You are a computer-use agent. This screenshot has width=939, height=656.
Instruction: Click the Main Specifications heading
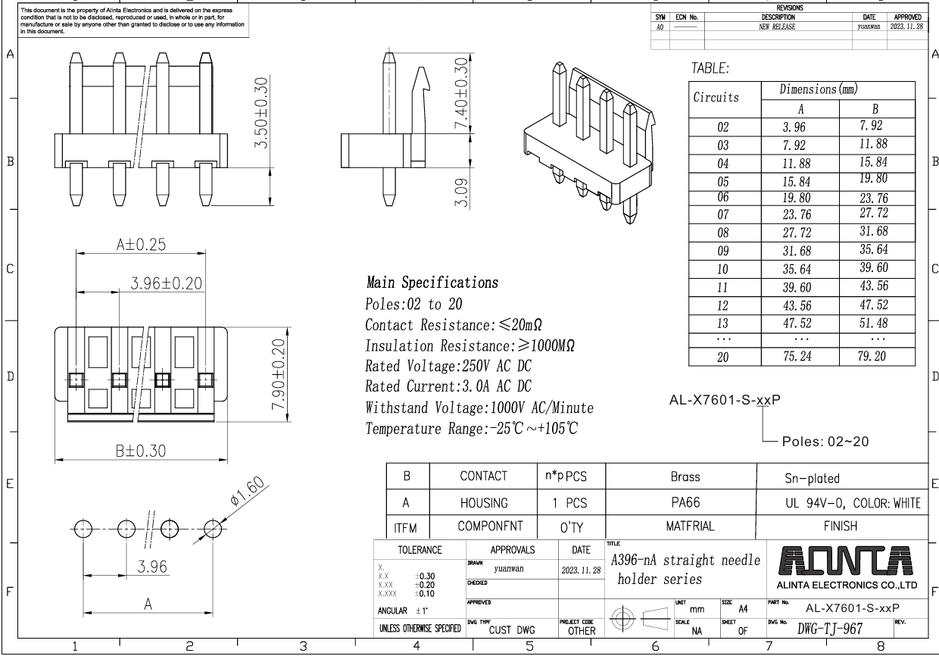(432, 283)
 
